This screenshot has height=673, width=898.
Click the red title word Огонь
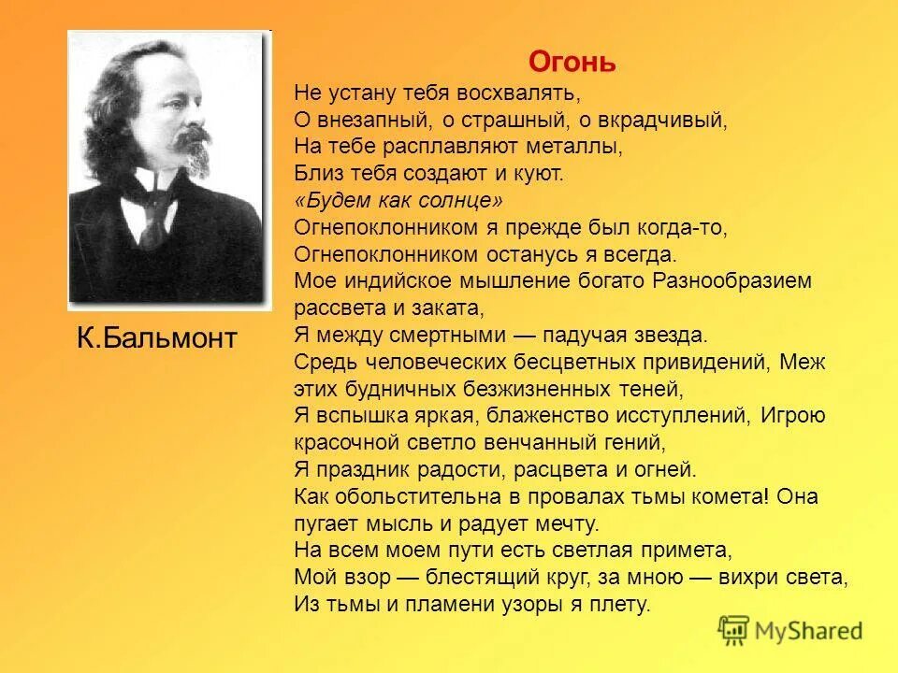572,62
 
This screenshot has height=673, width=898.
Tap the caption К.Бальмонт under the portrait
157,338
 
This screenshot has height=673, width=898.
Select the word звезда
670,335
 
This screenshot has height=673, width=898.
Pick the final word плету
624,604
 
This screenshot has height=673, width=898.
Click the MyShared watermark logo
790,630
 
